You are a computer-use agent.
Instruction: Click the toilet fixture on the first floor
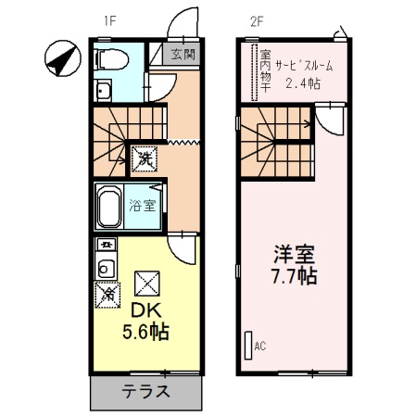point(110,59)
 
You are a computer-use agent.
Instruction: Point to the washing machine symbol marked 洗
point(145,159)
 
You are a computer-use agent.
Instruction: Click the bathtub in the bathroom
point(110,209)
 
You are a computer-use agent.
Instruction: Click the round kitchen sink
point(107,270)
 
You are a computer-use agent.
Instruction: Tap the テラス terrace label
point(145,390)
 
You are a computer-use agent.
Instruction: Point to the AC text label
point(260,347)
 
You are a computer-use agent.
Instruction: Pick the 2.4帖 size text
point(302,83)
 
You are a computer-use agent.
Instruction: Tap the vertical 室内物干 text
point(265,69)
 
